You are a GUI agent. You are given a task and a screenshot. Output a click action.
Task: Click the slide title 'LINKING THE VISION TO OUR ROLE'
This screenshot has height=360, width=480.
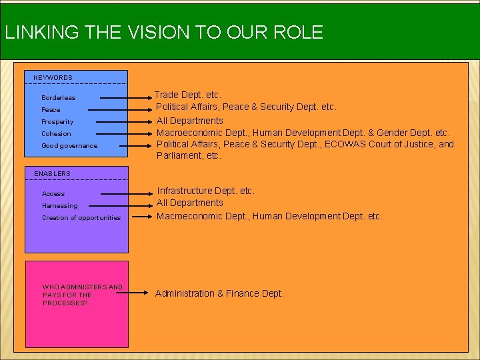(163, 32)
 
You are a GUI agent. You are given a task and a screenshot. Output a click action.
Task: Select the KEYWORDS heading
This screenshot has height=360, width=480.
(53, 78)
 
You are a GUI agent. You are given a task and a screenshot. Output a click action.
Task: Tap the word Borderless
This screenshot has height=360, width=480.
(59, 98)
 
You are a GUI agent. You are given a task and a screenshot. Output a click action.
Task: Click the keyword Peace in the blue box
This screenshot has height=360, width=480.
(51, 110)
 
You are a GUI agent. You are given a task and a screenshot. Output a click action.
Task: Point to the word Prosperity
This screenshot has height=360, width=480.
(57, 122)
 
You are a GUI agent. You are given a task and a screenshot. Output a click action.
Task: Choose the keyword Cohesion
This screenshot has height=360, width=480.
(56, 134)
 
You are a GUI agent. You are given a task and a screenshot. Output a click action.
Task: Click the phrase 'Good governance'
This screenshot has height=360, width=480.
(69, 146)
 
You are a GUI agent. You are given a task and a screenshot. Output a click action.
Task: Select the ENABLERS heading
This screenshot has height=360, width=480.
(52, 174)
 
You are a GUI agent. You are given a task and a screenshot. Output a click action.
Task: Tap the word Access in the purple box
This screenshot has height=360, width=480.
(53, 194)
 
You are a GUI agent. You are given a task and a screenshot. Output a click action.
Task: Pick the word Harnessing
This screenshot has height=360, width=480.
(60, 206)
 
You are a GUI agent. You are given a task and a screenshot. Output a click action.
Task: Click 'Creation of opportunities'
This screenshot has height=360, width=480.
(81, 218)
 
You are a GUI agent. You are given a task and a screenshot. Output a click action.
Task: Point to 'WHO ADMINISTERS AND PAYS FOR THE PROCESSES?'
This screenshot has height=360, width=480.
(83, 295)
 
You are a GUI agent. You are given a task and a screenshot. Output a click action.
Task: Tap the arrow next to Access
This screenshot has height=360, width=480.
(128, 193)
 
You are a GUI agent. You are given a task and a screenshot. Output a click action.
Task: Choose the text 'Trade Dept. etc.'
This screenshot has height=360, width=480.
(188, 95)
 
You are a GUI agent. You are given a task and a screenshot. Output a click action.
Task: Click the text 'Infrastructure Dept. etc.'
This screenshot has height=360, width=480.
(205, 191)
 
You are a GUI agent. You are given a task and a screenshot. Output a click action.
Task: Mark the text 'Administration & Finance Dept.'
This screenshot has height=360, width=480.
(219, 293)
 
